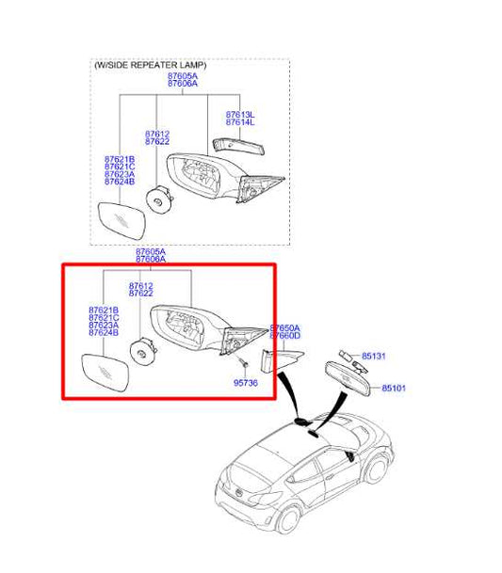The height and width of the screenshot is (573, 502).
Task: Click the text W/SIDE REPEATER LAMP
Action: [150, 66]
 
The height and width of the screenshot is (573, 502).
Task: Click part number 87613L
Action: [239, 115]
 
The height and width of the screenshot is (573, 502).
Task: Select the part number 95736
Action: [244, 383]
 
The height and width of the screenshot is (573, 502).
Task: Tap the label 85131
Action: [375, 357]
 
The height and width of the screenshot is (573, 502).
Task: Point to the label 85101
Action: [394, 388]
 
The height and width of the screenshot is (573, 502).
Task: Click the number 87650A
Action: [285, 327]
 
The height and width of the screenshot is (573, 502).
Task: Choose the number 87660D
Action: [285, 336]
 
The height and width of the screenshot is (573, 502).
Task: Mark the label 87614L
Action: [239, 123]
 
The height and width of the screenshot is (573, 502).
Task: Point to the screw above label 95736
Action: [242, 363]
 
